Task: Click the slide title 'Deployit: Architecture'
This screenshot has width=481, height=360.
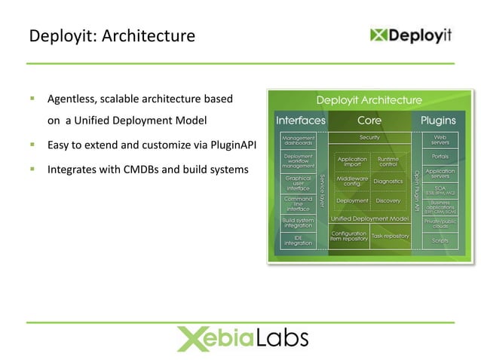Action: coord(112,35)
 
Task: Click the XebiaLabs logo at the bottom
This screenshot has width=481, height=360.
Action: coord(242,338)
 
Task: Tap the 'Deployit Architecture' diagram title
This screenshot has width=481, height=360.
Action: coord(369,100)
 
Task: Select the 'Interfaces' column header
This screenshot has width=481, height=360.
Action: coord(301,121)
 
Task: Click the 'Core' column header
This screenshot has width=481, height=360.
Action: coord(369,121)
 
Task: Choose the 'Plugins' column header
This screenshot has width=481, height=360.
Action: coord(438,121)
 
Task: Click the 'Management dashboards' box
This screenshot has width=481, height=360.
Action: coord(298,140)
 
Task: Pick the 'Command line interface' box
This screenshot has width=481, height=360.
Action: coord(298,203)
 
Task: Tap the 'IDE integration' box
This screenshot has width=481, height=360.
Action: coord(298,239)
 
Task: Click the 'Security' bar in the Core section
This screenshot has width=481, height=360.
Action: coord(369,138)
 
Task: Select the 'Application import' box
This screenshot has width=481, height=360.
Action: coord(352,162)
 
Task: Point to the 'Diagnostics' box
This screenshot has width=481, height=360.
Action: coord(388,182)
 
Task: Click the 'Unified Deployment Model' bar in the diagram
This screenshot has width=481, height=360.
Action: coord(369,218)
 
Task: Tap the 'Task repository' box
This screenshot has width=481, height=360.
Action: coord(390,236)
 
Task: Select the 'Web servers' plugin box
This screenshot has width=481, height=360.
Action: coord(440,140)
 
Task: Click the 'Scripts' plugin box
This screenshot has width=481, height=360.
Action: coord(440,241)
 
